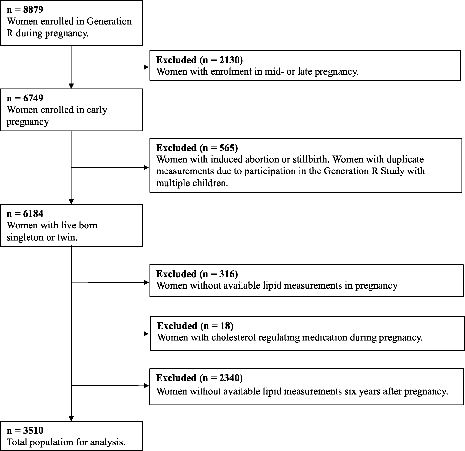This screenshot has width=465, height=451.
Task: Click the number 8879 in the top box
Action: tap(33, 9)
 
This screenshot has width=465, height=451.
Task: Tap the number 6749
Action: tap(33, 98)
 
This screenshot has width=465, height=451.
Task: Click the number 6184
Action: tap(33, 214)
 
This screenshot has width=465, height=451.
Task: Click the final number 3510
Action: tap(33, 430)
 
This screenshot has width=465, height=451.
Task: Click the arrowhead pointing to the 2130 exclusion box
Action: tap(146, 67)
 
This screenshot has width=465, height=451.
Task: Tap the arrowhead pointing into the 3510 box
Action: tap(71, 418)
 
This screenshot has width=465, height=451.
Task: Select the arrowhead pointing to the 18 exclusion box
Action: tap(146, 334)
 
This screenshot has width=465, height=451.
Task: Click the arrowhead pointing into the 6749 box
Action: tap(71, 86)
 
